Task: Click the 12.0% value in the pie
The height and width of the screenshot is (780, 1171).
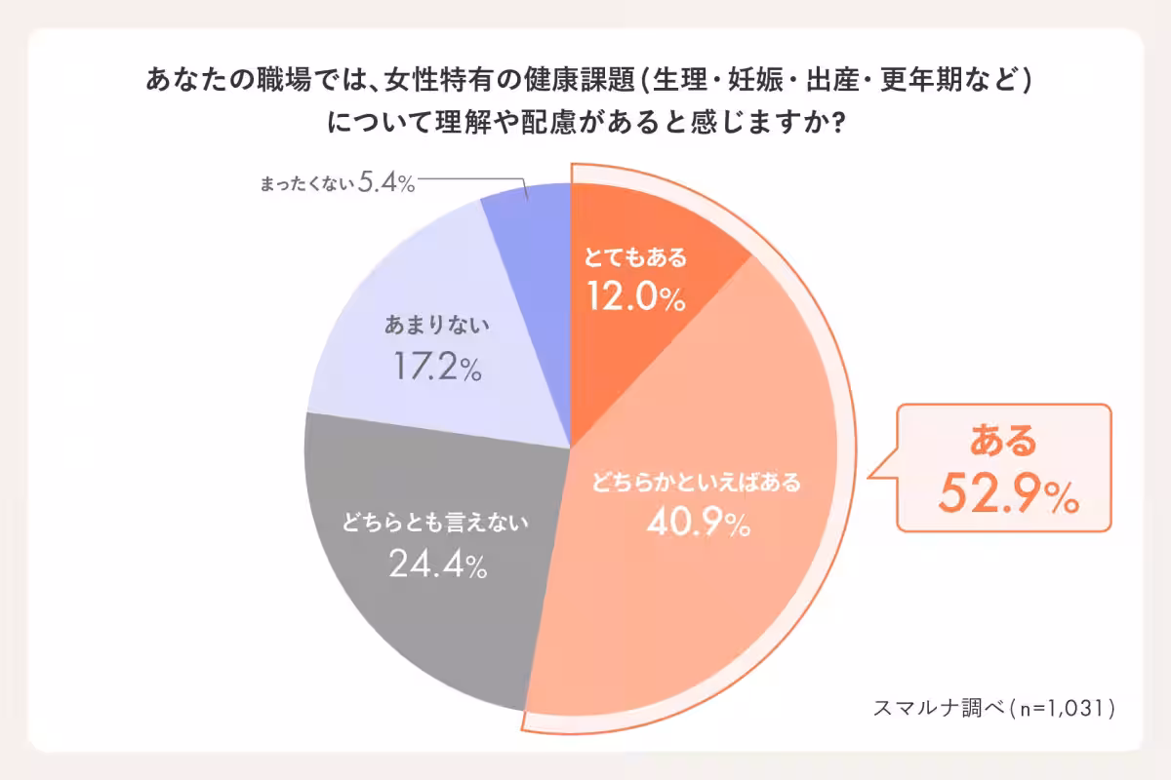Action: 636,296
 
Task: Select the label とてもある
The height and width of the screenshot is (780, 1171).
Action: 636,259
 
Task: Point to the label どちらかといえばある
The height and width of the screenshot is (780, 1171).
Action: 697,482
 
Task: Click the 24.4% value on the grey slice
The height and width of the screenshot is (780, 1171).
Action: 438,564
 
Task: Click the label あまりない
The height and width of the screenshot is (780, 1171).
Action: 436,326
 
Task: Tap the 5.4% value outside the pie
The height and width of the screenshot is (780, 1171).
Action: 387,183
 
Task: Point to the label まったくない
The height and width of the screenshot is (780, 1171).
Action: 304,184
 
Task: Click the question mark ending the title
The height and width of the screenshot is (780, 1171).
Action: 835,124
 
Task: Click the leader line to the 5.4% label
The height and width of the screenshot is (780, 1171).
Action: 468,180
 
